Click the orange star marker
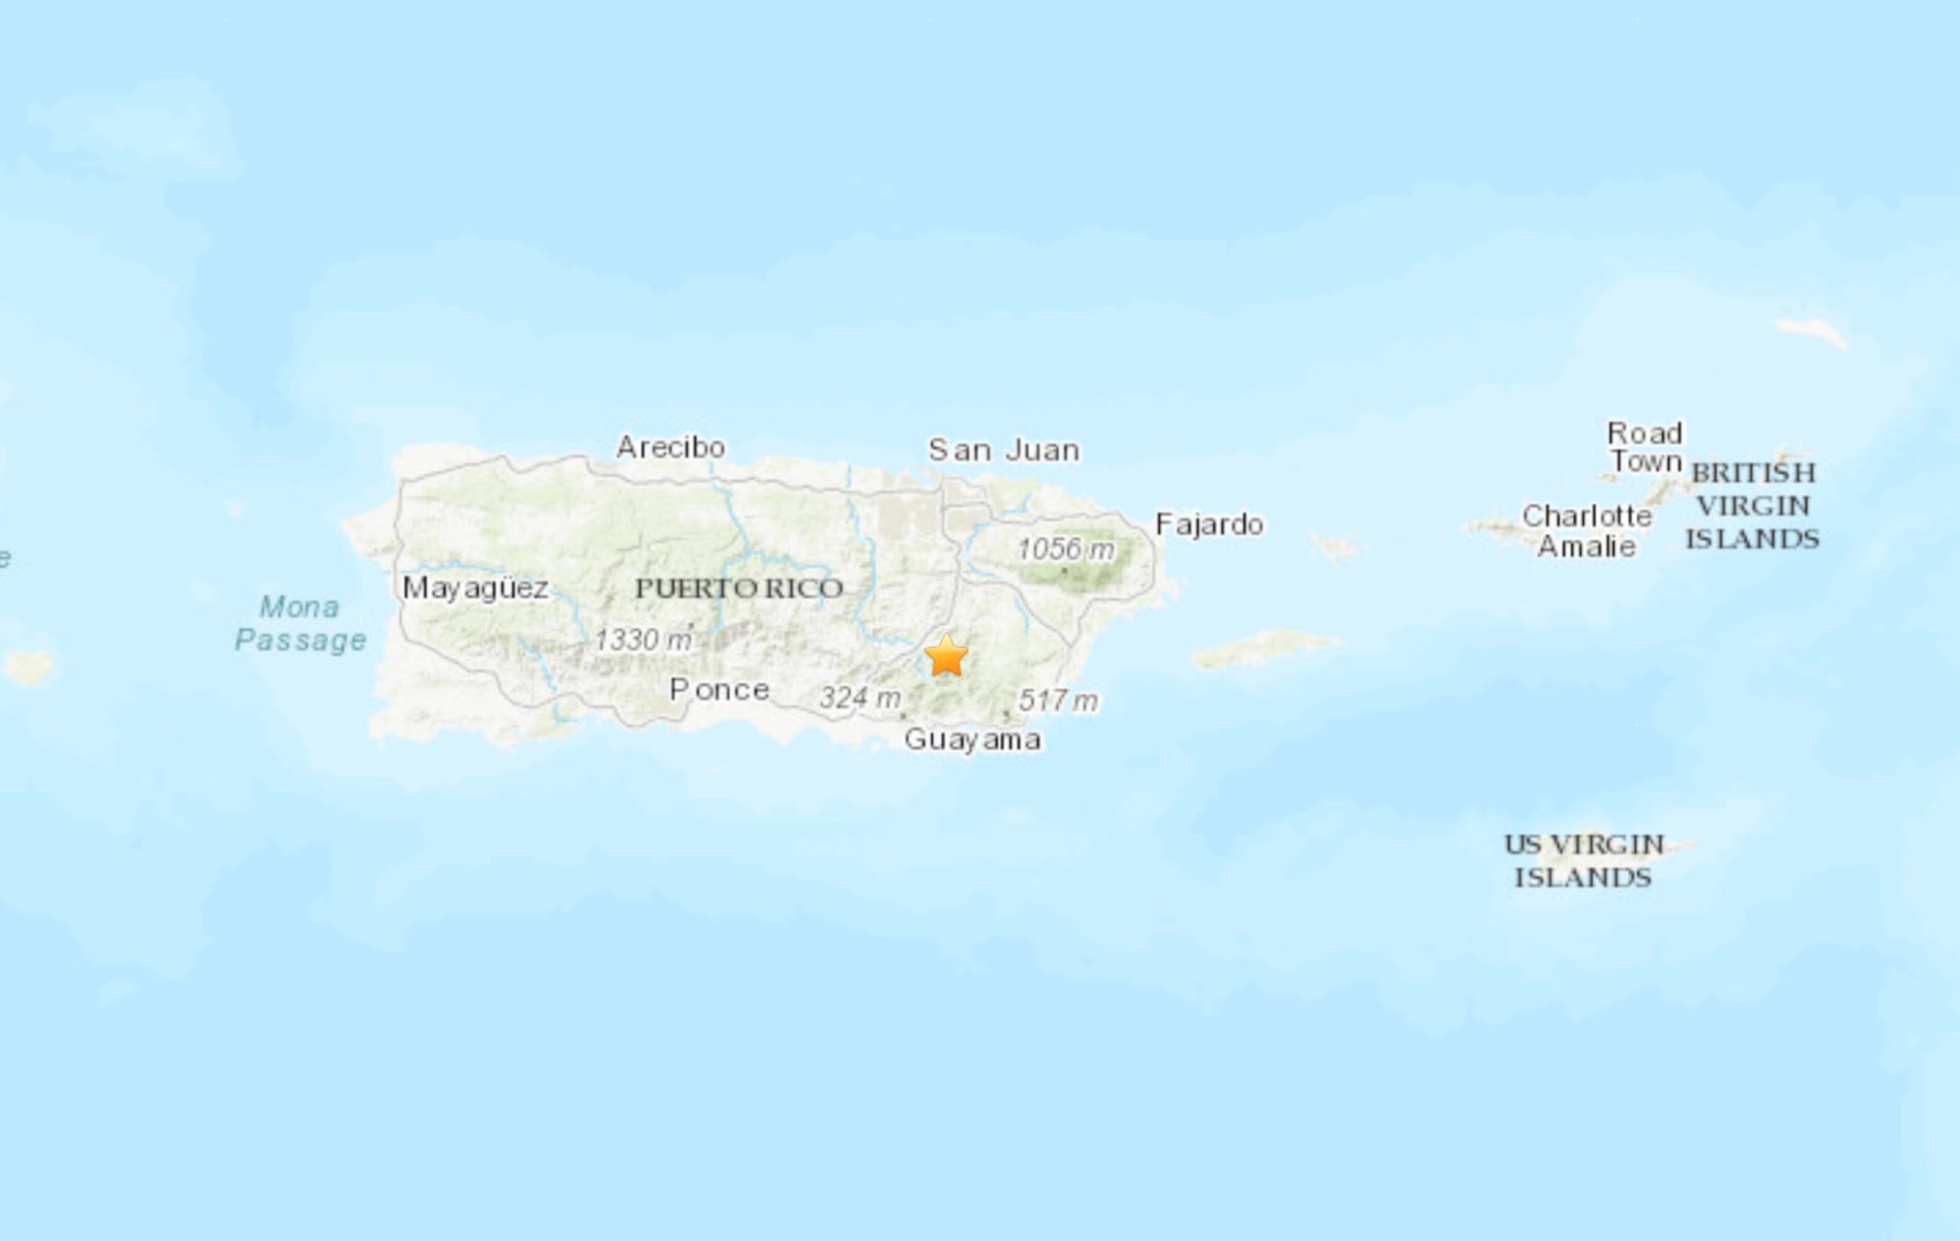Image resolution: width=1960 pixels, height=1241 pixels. point(946,656)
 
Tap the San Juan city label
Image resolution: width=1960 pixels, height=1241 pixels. point(1004,450)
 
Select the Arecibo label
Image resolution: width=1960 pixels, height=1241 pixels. point(671,447)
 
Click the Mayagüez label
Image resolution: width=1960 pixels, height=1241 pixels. point(476,587)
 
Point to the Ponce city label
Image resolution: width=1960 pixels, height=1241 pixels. point(720,690)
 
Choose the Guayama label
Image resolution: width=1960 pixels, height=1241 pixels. point(972,740)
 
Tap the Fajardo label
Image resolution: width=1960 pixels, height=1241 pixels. point(1210,524)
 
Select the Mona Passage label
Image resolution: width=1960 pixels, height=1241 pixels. point(300,623)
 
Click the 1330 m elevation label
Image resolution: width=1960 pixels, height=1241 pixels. point(643,639)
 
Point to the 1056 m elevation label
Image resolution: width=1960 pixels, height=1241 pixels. point(1067,549)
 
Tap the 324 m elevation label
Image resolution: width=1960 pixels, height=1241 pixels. point(860,697)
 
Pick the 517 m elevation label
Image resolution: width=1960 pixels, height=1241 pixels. point(1058,700)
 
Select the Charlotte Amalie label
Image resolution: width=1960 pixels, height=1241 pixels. point(1586,531)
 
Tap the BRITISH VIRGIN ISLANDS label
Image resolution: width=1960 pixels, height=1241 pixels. point(1753,506)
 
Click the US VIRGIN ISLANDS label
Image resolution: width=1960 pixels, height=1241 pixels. point(1583,861)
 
